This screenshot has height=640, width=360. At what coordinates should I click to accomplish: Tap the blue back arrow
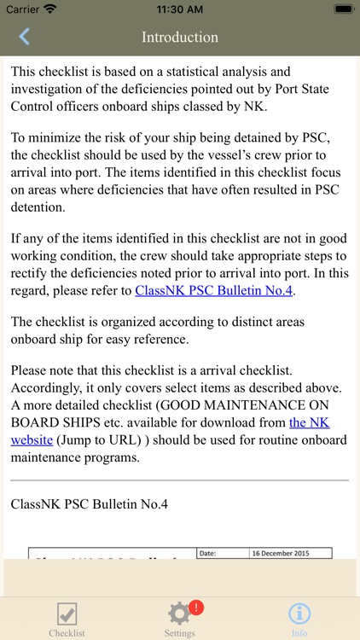(x=24, y=37)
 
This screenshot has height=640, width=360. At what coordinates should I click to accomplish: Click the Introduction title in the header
(x=180, y=37)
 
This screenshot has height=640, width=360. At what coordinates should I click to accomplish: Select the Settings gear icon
(x=179, y=614)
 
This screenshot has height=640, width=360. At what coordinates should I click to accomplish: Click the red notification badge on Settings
(x=195, y=607)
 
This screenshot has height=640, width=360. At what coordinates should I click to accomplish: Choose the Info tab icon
(x=299, y=614)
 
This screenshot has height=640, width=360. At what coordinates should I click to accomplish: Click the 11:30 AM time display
(x=180, y=9)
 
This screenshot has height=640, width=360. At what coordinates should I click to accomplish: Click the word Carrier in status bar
(x=22, y=9)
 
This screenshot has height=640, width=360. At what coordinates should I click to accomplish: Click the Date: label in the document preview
(x=209, y=553)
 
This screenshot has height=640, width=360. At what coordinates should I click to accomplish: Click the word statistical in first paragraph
(x=210, y=72)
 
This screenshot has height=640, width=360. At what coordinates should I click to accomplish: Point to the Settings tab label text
(x=179, y=633)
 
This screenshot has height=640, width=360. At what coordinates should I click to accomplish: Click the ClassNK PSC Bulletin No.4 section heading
(x=90, y=503)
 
